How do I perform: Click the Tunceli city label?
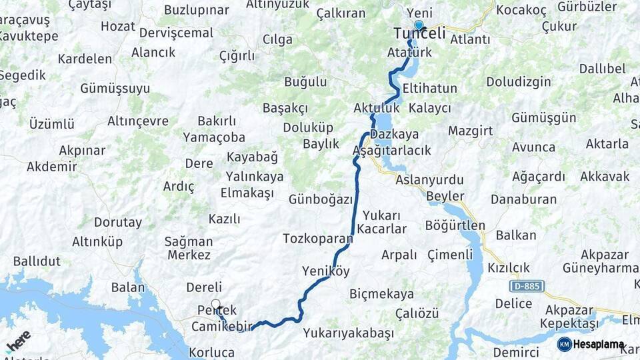click(419, 33)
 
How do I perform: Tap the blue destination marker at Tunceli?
click(419, 26)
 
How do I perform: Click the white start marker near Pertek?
click(215, 304)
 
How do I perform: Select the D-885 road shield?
click(527, 286)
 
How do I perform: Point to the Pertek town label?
click(217, 311)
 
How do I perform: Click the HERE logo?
click(19, 342)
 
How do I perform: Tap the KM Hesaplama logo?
click(591, 345)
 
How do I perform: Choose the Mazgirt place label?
click(470, 130)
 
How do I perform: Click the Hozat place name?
click(117, 27)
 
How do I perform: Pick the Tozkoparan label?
click(317, 238)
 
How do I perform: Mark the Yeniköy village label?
click(325, 271)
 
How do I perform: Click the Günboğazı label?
click(320, 199)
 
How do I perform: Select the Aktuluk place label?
click(377, 107)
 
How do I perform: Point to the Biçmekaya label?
click(381, 294)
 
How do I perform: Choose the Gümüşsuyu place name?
click(115, 88)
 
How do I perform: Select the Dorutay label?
click(117, 223)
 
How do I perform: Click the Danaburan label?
click(523, 199)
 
